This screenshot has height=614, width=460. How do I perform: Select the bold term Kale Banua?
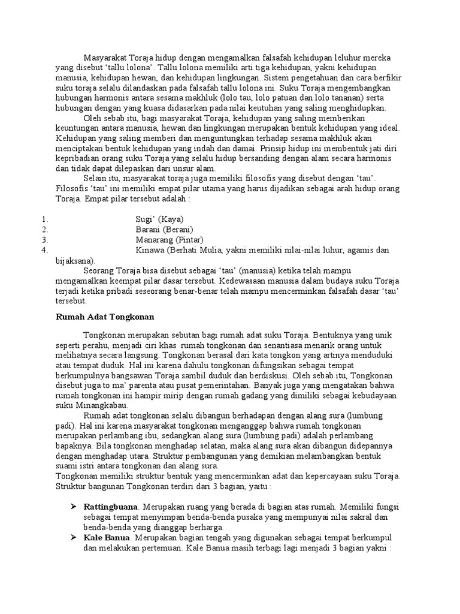107,537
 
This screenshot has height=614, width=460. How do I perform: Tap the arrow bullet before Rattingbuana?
74,507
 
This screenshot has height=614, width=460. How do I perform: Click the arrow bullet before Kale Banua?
74,537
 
